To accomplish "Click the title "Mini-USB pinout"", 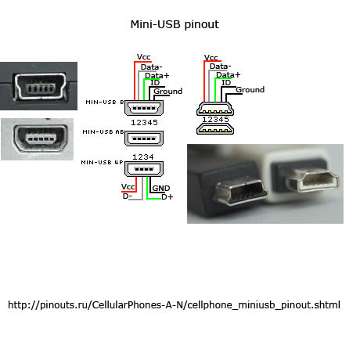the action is coord(175,25).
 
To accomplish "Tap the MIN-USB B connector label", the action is coord(105,103).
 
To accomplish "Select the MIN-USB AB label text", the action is coord(103,132).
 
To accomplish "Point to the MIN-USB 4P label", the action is coord(102,162).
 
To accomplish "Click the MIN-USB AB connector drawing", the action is coord(144,139).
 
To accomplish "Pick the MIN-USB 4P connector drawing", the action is coord(144,169).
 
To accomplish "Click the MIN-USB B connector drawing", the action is coord(144,108).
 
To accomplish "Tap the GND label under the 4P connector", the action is coord(161,189).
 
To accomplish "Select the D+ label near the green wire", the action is coord(167,197).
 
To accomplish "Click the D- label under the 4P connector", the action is coord(128,196).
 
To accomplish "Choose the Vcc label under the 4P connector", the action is coord(128,187).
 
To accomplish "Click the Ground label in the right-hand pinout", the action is coord(250,90).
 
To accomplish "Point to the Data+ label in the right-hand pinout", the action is coord(229,75).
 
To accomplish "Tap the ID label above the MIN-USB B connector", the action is coord(155,83).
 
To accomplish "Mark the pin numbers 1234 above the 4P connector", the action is coord(143,157).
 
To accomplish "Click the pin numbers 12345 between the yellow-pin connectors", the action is coord(215,120).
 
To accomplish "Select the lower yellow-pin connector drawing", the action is coord(215,129).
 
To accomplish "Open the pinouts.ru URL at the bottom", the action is coord(174,305).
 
